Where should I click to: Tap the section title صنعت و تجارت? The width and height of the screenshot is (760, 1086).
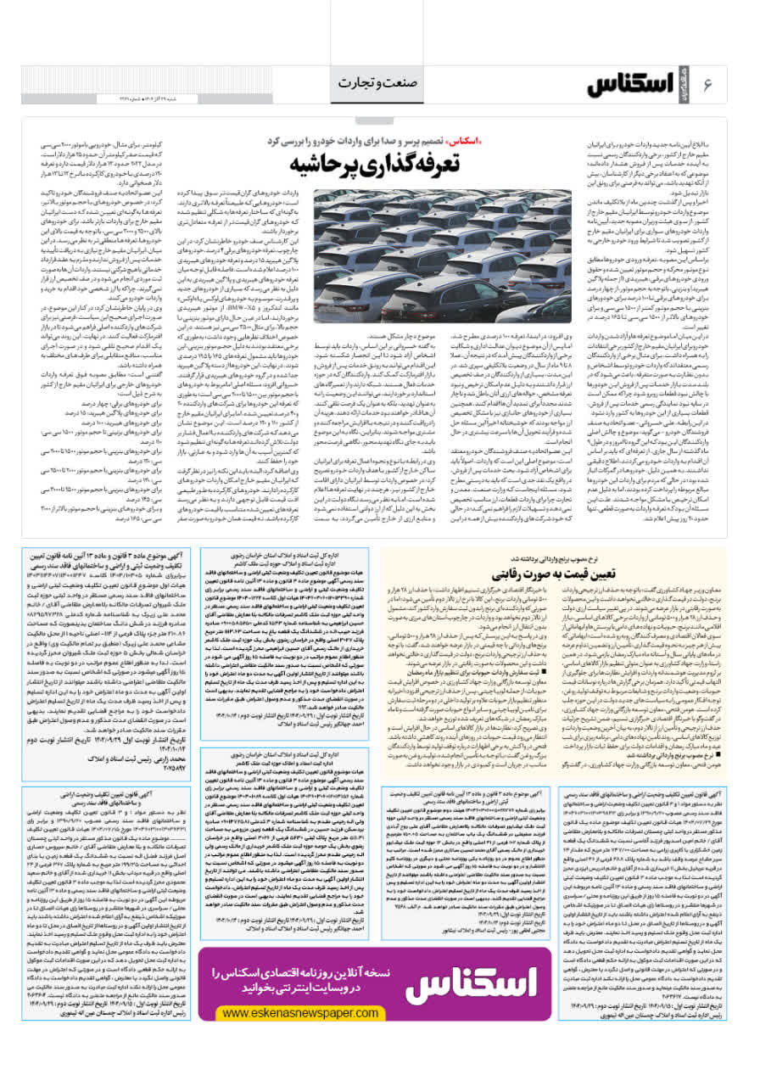[x=380, y=82]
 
